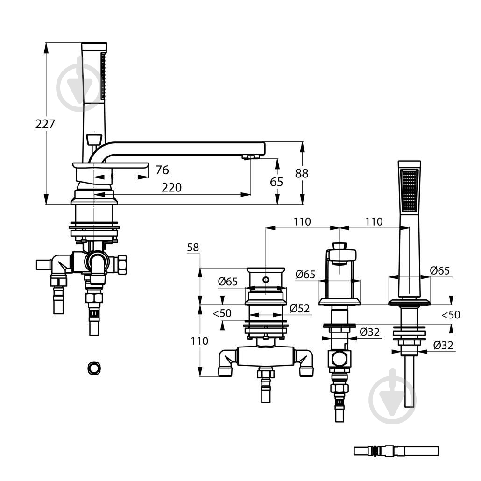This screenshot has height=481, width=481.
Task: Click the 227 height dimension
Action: [45, 124]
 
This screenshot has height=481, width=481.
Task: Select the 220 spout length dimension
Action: [171, 188]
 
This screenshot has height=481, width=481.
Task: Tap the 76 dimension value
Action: [162, 170]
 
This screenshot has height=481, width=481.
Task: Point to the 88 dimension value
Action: [302, 173]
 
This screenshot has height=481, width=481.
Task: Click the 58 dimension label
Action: [193, 248]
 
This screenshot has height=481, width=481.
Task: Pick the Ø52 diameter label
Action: [299, 309]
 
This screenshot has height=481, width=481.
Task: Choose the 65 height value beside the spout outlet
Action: [276, 182]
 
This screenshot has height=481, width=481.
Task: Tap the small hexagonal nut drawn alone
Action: [94, 368]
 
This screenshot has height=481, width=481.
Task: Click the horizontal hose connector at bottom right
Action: [396, 451]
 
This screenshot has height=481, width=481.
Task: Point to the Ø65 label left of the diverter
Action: [305, 274]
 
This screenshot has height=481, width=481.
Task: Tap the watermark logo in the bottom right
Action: [391, 397]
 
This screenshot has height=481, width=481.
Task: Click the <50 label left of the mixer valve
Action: [222, 313]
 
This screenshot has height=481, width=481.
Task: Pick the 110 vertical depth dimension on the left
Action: [199, 341]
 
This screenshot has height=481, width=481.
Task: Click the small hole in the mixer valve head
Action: [265, 280]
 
